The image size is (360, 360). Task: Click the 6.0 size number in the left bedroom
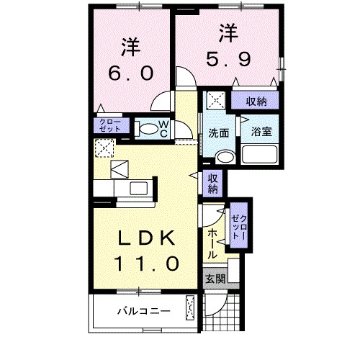pyautogui.click(x=131, y=74)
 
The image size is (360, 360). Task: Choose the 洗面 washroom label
pyautogui.click(x=219, y=133)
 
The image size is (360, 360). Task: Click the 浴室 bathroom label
pyautogui.click(x=260, y=132)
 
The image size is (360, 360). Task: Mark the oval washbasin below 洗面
pyautogui.click(x=225, y=156)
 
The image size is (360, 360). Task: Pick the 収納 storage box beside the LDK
pyautogui.click(x=214, y=184)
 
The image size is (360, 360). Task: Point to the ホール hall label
pyautogui.click(x=213, y=243)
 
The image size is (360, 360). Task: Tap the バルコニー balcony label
pyautogui.click(x=143, y=312)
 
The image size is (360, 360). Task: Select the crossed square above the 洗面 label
pyautogui.click(x=215, y=100)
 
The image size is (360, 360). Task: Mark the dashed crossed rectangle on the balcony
pyautogui.click(x=191, y=308)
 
